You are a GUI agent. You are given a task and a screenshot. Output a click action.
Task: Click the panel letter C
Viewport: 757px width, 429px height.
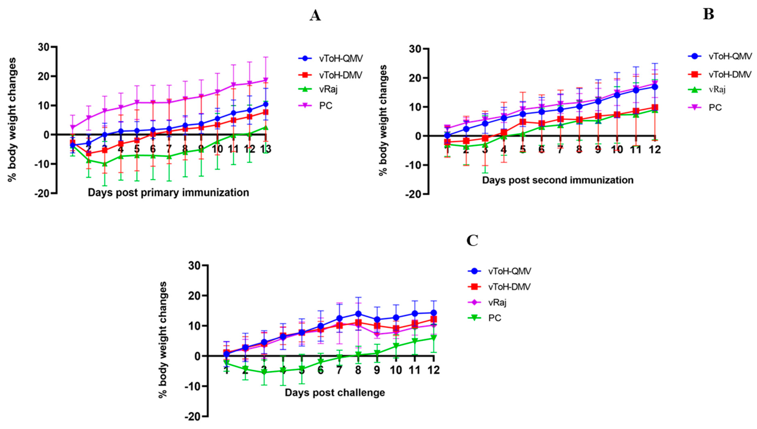coord(472,240)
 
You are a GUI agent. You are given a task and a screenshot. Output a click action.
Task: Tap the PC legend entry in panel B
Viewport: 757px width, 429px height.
coord(715,107)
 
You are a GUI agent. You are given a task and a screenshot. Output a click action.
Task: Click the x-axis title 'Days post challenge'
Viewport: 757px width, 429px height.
coord(334,393)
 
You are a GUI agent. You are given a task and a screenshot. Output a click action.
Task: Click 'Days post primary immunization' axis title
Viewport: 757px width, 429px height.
coord(168,193)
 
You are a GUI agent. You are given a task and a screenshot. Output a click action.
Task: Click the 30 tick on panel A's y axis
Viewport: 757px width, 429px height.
coord(44,47)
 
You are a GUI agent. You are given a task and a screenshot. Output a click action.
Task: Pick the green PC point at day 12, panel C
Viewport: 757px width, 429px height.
coord(433,338)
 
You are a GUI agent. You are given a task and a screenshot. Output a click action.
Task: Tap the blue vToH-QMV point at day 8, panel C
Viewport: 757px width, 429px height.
coord(358,314)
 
